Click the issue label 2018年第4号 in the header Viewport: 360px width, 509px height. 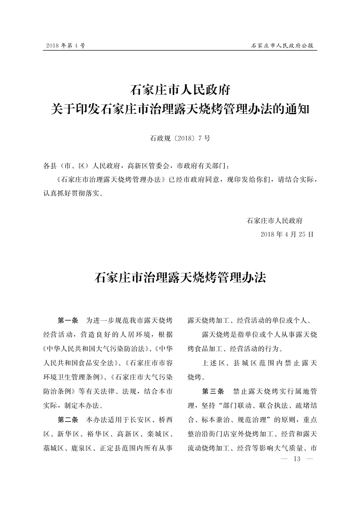click(x=66, y=46)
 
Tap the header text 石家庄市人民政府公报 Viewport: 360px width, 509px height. click(x=282, y=46)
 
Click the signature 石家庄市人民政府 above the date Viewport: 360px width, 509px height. click(x=275, y=221)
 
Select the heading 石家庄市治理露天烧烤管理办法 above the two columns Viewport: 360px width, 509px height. click(x=180, y=278)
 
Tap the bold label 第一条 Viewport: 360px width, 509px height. click(x=68, y=320)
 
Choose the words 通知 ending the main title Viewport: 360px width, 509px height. click(x=298, y=109)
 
